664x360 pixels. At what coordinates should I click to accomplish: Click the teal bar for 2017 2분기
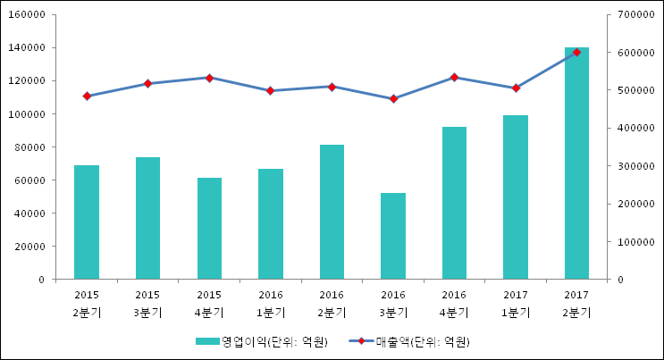click(x=576, y=163)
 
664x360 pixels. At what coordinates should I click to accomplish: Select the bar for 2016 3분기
click(x=393, y=236)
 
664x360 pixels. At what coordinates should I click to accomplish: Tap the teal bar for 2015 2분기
click(x=87, y=222)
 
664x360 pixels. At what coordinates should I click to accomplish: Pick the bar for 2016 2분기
click(x=332, y=212)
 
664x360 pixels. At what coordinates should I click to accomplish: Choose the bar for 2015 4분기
click(x=209, y=229)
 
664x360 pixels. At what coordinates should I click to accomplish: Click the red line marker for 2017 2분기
click(x=576, y=52)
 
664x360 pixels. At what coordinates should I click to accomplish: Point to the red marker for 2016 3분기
click(x=393, y=98)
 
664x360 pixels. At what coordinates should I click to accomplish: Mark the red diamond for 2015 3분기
click(x=147, y=83)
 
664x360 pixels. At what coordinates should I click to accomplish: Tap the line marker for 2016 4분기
click(x=454, y=78)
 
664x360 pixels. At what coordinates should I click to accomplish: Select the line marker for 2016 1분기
click(x=271, y=90)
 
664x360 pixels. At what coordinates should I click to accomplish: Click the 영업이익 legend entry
click(x=261, y=341)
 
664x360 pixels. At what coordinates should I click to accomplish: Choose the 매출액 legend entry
click(x=409, y=341)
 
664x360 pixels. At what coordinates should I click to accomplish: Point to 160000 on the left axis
click(x=27, y=14)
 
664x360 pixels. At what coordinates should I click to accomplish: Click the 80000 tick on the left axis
click(x=29, y=147)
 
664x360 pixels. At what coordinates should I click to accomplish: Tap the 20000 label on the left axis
click(x=29, y=247)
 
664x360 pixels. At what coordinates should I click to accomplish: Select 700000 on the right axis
click(x=636, y=14)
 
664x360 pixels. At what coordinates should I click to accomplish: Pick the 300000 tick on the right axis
click(x=636, y=166)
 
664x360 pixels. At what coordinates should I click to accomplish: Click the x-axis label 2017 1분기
click(x=516, y=304)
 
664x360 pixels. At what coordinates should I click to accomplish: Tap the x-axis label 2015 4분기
click(x=209, y=304)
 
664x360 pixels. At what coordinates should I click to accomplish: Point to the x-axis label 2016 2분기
click(x=332, y=304)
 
